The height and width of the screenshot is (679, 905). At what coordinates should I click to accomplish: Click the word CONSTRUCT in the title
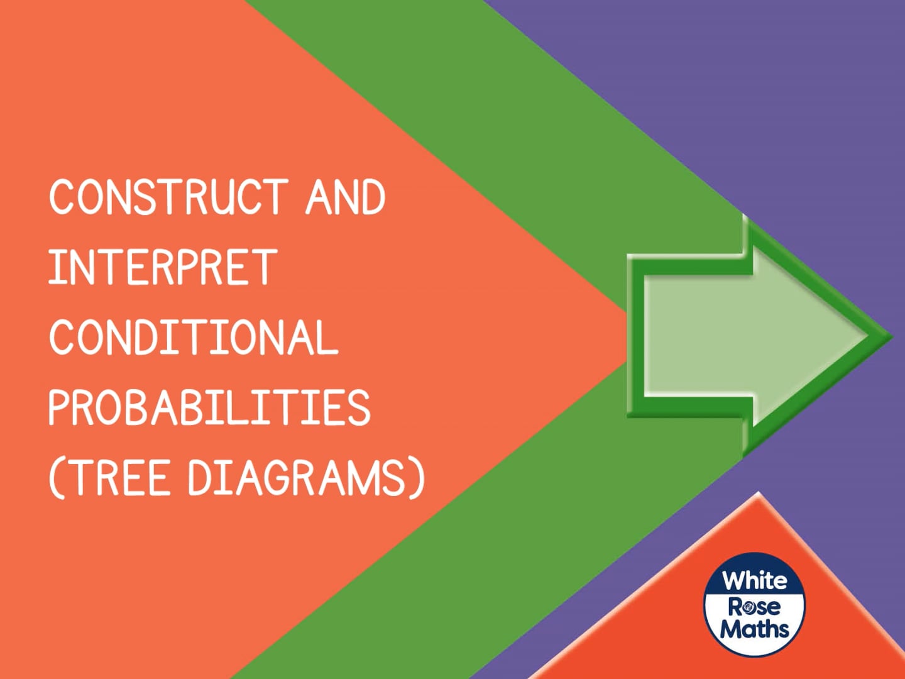click(x=168, y=197)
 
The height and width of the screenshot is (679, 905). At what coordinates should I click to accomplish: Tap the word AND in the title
click(x=345, y=197)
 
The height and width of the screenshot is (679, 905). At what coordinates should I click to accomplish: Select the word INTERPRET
click(x=163, y=267)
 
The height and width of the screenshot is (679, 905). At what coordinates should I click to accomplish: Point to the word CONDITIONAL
click(x=194, y=337)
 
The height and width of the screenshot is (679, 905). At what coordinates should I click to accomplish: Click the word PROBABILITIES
click(x=209, y=407)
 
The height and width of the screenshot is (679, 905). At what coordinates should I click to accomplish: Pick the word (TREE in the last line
click(x=109, y=478)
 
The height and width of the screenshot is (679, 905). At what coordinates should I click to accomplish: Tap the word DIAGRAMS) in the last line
click(x=307, y=478)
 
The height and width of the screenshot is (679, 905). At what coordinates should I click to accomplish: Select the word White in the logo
click(x=754, y=580)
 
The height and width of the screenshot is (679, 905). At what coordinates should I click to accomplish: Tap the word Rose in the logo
click(x=754, y=606)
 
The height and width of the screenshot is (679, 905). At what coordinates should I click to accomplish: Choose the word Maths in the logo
click(x=754, y=629)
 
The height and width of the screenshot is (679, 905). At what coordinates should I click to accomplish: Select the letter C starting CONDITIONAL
click(x=63, y=337)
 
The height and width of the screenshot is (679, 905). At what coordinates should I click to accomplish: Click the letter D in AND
click(x=372, y=197)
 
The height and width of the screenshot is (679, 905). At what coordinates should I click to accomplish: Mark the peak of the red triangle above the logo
click(x=759, y=494)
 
